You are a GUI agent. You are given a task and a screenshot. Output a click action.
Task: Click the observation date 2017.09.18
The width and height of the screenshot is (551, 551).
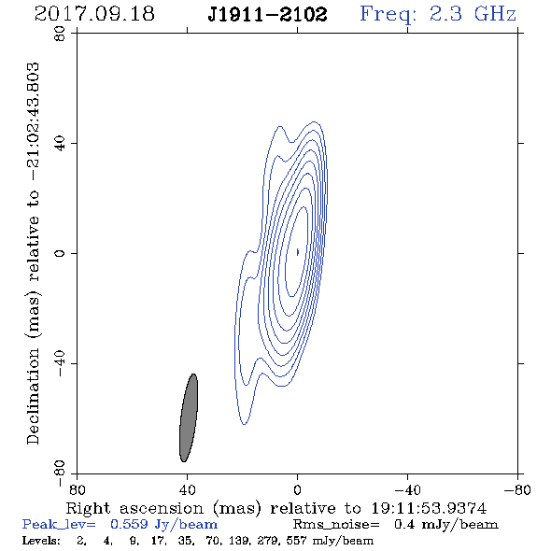94,14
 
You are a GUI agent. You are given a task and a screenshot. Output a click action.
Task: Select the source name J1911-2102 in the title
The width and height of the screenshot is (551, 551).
267,15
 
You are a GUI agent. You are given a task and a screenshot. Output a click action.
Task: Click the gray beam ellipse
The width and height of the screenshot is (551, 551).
189,417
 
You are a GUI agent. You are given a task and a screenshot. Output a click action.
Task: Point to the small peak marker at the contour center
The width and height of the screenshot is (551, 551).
298,252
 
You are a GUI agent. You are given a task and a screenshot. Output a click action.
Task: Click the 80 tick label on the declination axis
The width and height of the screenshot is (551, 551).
60,34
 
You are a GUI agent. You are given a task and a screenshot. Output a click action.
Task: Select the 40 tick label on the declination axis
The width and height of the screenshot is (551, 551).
60,144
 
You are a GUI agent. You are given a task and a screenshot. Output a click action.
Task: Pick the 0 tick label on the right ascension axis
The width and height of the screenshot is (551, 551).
297,490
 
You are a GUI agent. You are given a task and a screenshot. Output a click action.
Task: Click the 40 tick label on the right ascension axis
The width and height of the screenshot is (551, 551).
187,490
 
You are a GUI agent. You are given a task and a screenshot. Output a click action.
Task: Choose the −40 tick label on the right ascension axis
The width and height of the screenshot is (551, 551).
407,490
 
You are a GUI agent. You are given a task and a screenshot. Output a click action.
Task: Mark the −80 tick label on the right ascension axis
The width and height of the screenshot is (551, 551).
517,490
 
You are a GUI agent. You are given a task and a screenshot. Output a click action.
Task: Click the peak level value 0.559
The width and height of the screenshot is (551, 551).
129,524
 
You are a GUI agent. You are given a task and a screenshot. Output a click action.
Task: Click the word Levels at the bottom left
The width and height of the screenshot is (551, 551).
41,540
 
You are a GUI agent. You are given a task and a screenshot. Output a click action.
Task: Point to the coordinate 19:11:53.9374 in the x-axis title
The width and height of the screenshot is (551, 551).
429,508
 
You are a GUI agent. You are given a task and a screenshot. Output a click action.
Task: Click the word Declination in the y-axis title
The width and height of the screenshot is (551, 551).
33,396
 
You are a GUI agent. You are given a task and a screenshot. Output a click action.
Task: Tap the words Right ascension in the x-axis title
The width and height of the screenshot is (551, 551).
134,508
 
